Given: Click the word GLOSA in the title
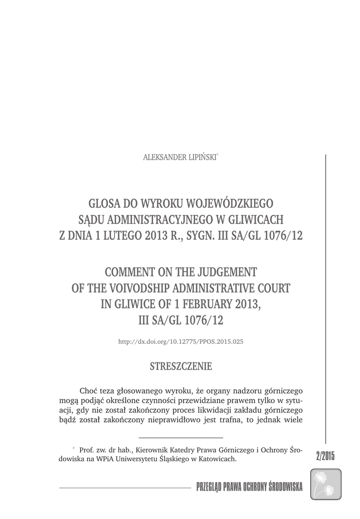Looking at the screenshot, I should (105, 203).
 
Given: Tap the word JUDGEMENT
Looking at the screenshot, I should (228, 272).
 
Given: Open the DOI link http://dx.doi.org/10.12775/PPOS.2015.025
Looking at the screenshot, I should (181, 342).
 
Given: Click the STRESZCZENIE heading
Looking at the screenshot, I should (181, 366).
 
